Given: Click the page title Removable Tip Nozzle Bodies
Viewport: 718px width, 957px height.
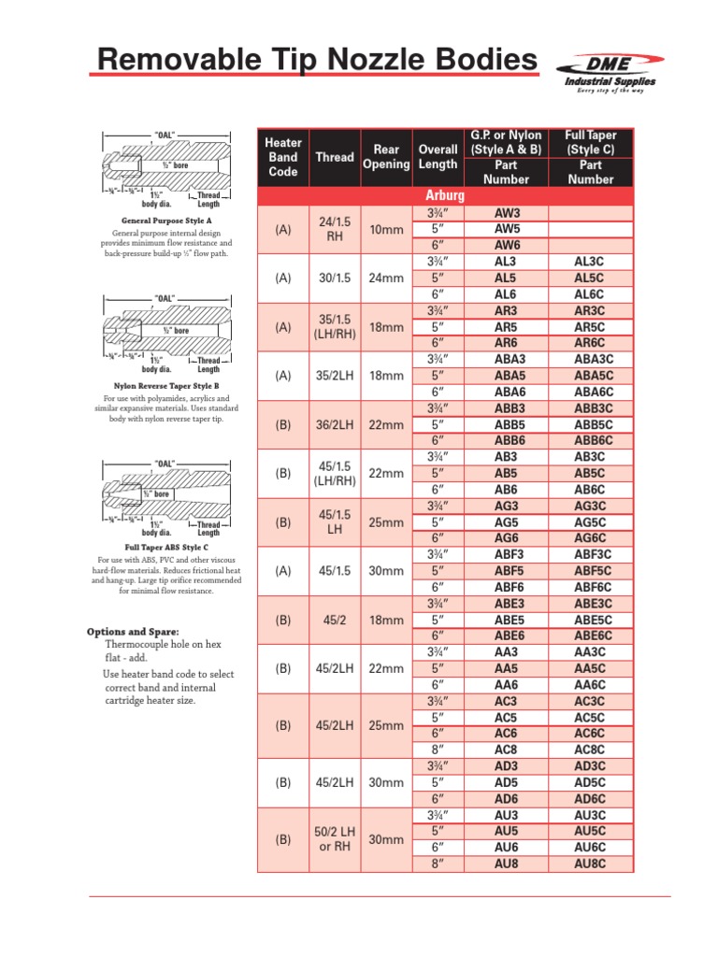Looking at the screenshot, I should (318, 62).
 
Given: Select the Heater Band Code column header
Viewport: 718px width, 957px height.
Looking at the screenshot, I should (283, 157).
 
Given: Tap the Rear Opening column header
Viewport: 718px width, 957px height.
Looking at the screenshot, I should (386, 157).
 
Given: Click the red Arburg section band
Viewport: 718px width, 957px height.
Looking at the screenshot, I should (445, 196).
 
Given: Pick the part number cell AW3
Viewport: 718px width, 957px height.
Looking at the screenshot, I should (507, 213).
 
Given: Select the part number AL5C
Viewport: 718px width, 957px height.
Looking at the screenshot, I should (590, 279).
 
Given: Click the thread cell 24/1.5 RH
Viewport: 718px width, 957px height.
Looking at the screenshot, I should (335, 230).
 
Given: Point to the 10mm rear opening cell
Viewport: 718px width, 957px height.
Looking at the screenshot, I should (386, 230).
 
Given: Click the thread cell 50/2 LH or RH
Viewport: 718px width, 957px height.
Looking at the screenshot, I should (335, 839).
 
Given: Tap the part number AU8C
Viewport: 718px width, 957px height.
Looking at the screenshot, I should (590, 864).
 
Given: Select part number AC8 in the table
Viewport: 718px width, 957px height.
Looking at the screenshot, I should (507, 750).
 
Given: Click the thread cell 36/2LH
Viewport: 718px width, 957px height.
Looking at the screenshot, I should (335, 424).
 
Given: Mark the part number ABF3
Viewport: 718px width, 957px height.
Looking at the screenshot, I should (508, 554).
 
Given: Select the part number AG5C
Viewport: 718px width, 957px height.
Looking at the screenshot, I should (590, 521).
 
